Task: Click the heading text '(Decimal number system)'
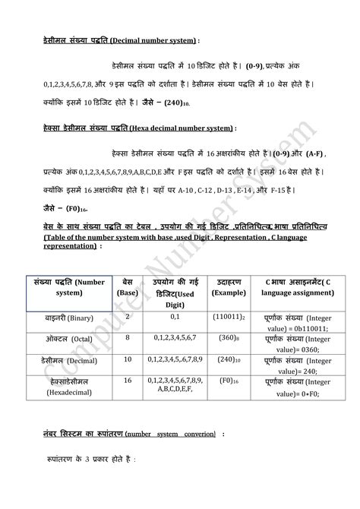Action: pos(154,40)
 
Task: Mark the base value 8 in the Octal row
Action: pos(127,337)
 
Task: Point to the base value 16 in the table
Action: pos(127,380)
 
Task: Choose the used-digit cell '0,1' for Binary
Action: pos(175,313)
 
